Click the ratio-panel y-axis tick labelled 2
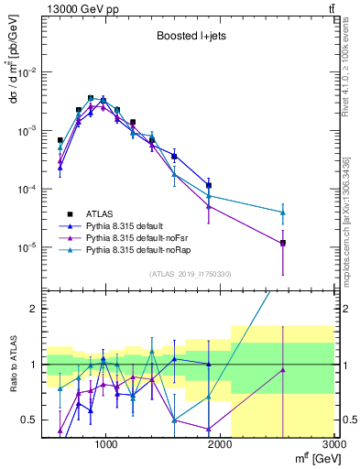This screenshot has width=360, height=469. point(34,309)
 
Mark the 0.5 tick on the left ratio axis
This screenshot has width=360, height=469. point(29,420)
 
